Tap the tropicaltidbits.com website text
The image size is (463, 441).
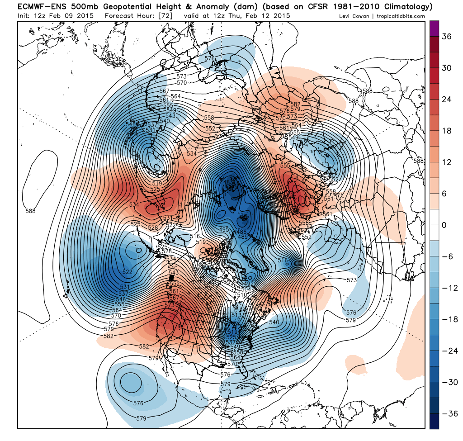[x=402, y=16]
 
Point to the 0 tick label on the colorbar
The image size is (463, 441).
[x=444, y=225]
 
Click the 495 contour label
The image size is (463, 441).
[x=224, y=230]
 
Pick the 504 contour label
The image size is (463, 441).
[x=232, y=289]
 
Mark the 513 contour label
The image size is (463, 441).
[x=236, y=315]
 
